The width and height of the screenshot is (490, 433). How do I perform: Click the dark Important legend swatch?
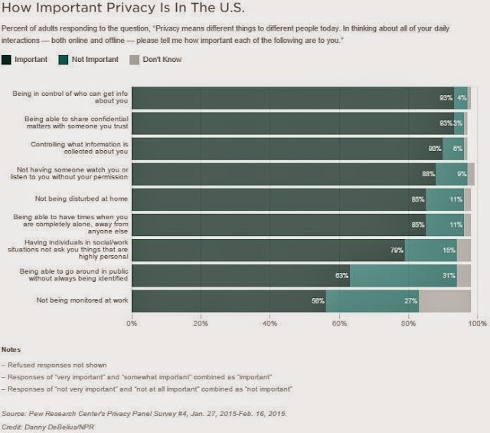pyautogui.click(x=8, y=59)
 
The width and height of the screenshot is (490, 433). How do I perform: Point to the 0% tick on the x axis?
pyautogui.click(x=132, y=323)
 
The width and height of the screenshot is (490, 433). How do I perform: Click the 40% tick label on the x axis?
pyautogui.click(x=269, y=323)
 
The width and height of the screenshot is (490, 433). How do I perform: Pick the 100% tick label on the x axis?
pyautogui.click(x=477, y=323)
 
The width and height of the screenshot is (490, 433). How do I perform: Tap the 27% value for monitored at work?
pyautogui.click(x=411, y=300)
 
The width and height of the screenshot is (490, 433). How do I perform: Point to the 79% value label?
pyautogui.click(x=396, y=250)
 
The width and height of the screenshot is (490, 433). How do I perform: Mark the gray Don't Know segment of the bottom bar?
pyautogui.click(x=445, y=300)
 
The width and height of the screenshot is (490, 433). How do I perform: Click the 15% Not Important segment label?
pyautogui.click(x=448, y=250)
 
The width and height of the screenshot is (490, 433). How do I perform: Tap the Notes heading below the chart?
pyautogui.click(x=12, y=349)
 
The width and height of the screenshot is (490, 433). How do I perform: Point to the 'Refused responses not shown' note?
pyautogui.click(x=54, y=365)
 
